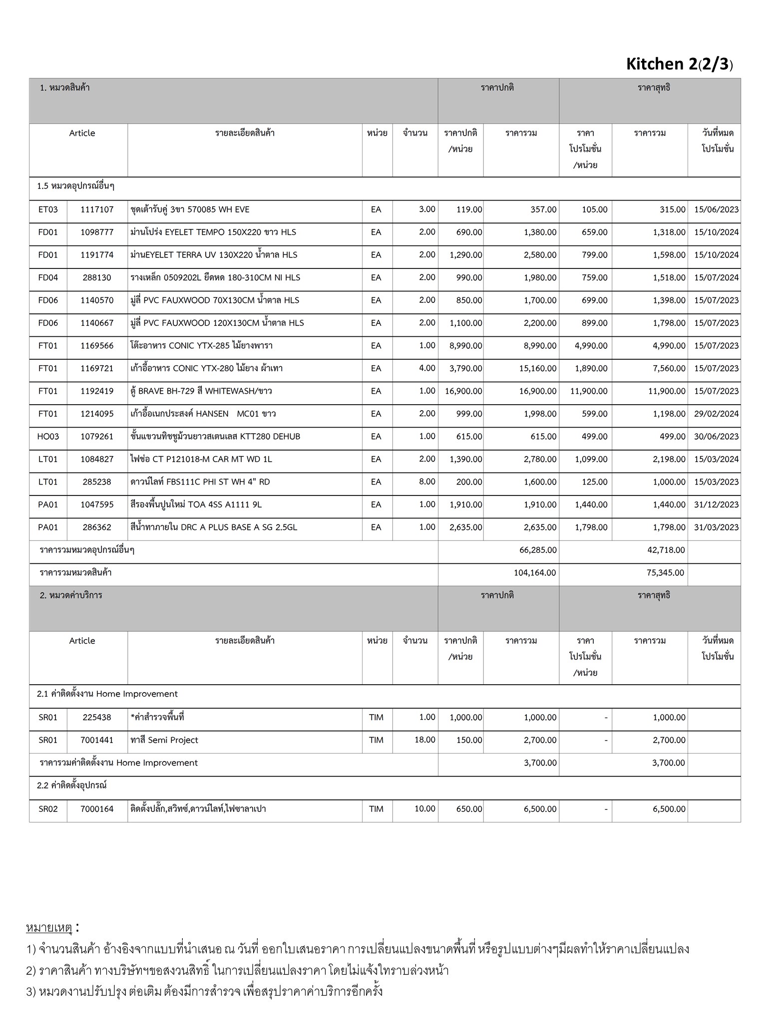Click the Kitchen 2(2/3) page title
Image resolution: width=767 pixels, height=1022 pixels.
point(679,64)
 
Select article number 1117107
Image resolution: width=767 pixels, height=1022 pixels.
point(97,210)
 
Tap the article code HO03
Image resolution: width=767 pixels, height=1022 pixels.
point(48,437)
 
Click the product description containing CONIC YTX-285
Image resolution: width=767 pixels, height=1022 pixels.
point(201,346)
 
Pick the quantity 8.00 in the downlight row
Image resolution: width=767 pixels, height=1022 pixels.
point(427,482)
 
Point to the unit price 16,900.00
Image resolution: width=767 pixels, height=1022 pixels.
point(463,391)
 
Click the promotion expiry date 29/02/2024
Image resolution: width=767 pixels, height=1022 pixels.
point(716,414)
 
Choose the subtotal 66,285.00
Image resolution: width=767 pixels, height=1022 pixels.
point(537,550)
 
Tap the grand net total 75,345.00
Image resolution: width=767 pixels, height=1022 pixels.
point(665,573)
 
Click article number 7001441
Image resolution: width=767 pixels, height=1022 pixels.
point(97,740)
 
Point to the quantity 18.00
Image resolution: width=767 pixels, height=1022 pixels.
point(424,740)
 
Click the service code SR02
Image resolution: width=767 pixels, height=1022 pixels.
point(48,809)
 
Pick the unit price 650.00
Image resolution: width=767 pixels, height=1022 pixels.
point(469,809)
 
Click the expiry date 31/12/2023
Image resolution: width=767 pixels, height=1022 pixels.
point(716,505)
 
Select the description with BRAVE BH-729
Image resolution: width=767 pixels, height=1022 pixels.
point(201,391)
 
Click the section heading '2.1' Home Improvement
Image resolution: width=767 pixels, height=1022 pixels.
point(107,694)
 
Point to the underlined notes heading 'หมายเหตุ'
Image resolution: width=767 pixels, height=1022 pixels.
point(49,928)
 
